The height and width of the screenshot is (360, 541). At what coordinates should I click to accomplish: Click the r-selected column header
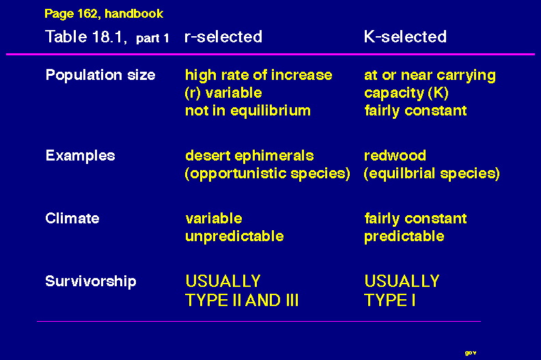tap(223, 37)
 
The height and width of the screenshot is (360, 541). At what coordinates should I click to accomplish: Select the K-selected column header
tap(405, 37)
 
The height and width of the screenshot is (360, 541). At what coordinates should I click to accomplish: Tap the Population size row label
tap(100, 75)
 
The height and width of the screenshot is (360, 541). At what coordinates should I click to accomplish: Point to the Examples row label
tap(80, 156)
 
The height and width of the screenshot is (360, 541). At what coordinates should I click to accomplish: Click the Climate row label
tap(72, 218)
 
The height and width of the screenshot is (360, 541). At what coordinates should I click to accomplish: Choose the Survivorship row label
tap(91, 281)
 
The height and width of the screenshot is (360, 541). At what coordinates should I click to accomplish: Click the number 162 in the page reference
tap(87, 14)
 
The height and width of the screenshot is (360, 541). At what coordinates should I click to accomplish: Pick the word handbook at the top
tap(134, 14)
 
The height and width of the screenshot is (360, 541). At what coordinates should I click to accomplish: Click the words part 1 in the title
tap(152, 38)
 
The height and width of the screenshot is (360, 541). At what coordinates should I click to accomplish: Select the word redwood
tap(395, 155)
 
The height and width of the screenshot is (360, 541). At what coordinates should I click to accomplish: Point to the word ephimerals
tap(275, 156)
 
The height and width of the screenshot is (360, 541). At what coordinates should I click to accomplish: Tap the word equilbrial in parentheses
tap(401, 174)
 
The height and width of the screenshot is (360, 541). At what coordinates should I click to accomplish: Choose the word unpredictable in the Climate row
tap(234, 236)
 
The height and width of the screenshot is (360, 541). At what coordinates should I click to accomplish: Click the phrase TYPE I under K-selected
tap(390, 300)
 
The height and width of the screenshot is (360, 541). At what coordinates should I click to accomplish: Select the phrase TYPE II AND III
tap(242, 300)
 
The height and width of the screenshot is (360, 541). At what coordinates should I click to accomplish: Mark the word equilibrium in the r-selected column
tap(270, 111)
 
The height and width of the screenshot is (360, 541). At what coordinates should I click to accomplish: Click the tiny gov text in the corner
tap(471, 352)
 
